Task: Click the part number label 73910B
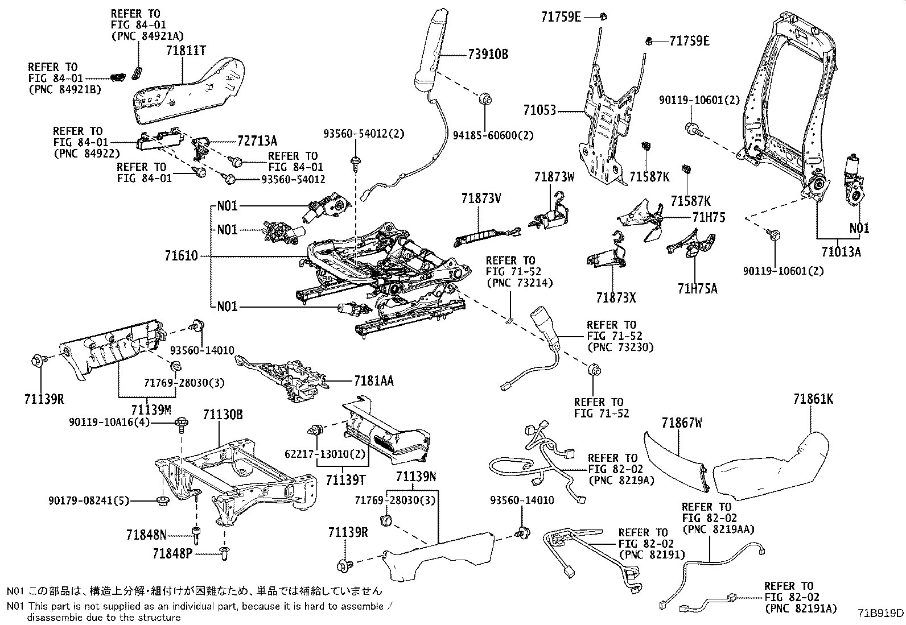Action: tap(488, 55)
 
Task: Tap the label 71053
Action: tap(540, 110)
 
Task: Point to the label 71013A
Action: tap(841, 251)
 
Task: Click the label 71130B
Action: tap(223, 415)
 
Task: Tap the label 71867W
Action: tap(681, 423)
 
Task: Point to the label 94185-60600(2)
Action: tap(493, 135)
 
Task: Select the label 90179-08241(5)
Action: tap(89, 500)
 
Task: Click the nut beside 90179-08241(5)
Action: tap(161, 500)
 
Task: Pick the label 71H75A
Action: tap(697, 289)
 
